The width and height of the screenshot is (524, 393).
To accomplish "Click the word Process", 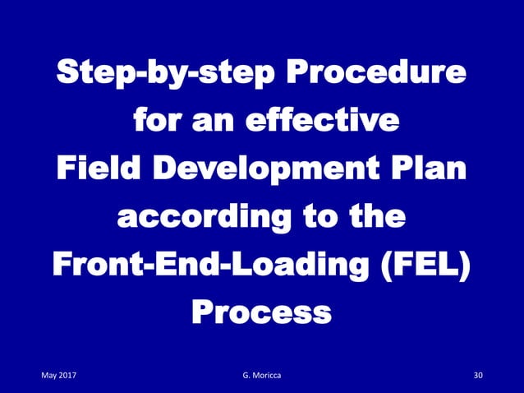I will click(262, 312).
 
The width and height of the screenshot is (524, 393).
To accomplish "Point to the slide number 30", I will click(479, 377).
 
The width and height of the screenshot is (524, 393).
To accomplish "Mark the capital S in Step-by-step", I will click(65, 78).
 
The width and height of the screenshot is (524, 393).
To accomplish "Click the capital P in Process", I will click(201, 312).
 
